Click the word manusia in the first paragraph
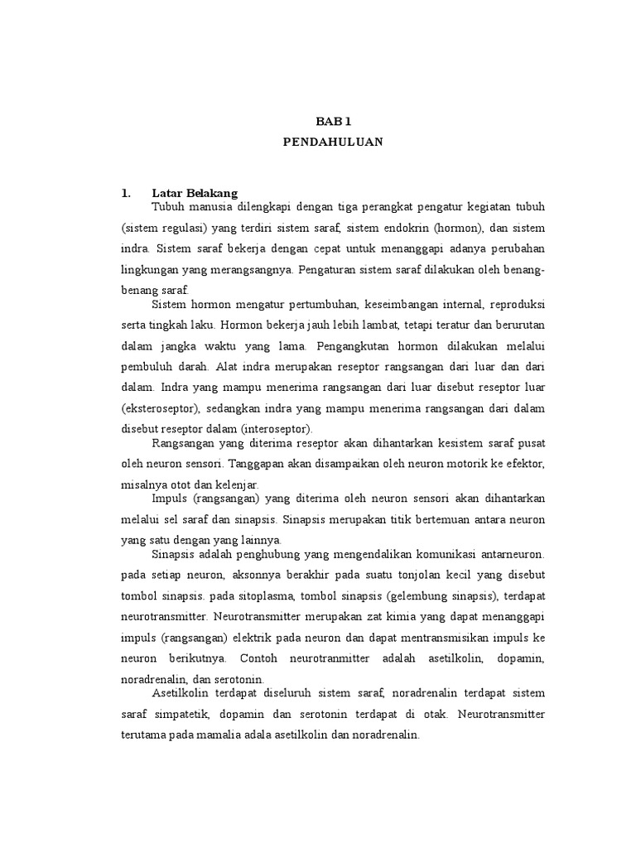click(x=210, y=205)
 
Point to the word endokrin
click(x=406, y=227)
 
